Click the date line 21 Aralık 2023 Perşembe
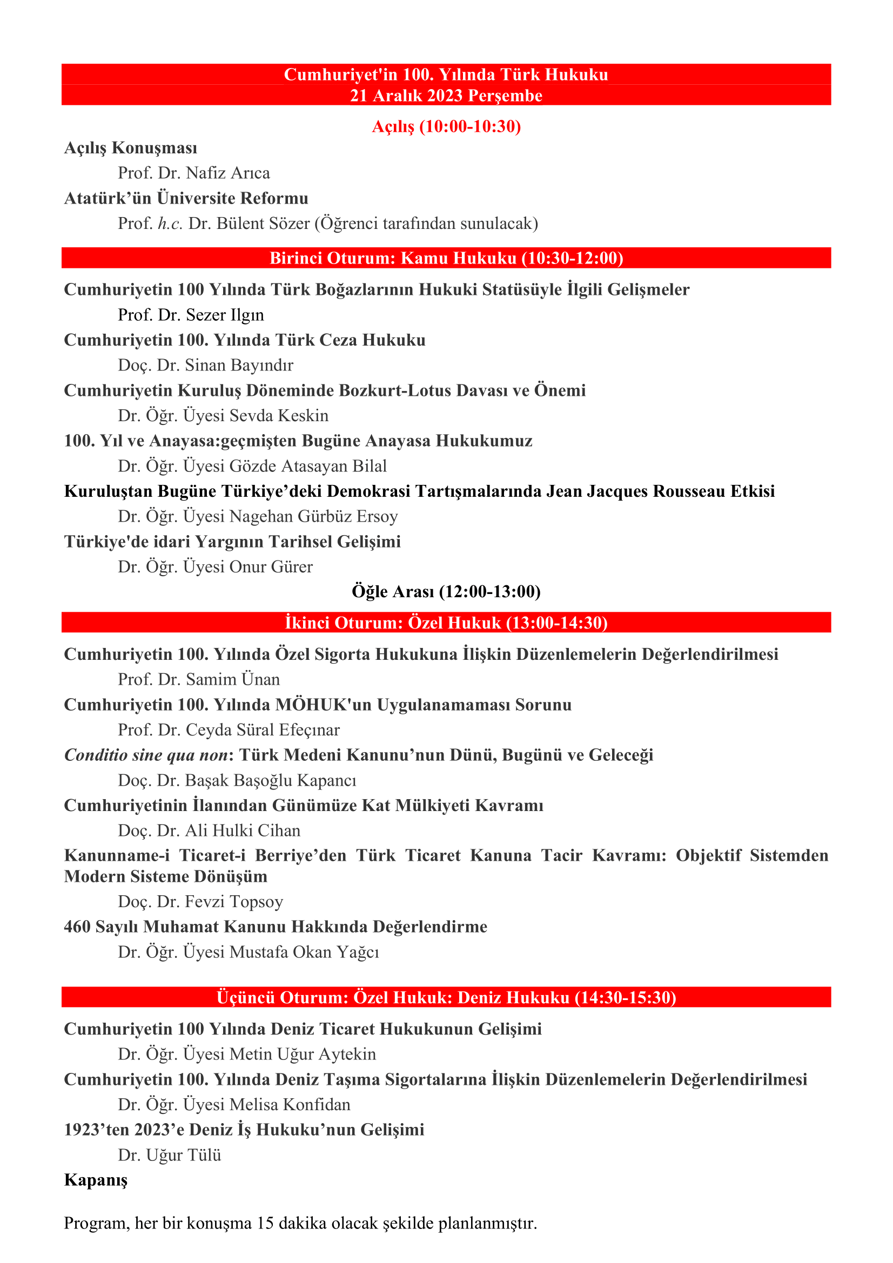pyautogui.click(x=446, y=96)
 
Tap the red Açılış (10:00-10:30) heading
pyautogui.click(x=446, y=126)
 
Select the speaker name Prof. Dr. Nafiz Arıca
pyautogui.click(x=194, y=173)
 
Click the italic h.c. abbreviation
pyautogui.click(x=170, y=224)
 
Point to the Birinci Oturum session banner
pyautogui.click(x=446, y=258)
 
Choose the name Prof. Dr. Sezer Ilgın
pyautogui.click(x=190, y=315)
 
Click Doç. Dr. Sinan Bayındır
pyautogui.click(x=205, y=365)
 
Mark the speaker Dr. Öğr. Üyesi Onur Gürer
pyautogui.click(x=215, y=566)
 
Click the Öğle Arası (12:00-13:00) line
pyautogui.click(x=446, y=592)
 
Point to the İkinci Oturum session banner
pyautogui.click(x=446, y=623)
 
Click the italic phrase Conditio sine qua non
pyautogui.click(x=146, y=755)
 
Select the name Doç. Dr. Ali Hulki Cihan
pyautogui.click(x=209, y=830)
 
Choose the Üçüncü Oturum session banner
pyautogui.click(x=446, y=997)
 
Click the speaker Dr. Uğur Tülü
pyautogui.click(x=170, y=1155)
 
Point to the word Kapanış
pyautogui.click(x=96, y=1180)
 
